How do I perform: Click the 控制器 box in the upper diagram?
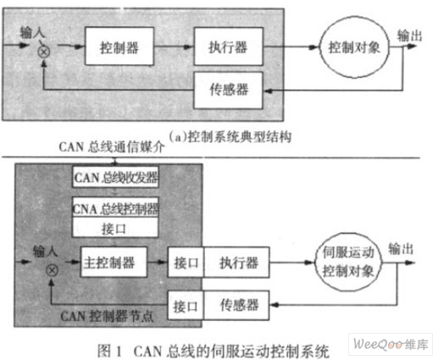(119, 47)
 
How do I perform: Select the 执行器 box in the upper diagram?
(229, 47)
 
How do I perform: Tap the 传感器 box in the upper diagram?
(229, 90)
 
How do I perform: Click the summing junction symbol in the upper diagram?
(44, 53)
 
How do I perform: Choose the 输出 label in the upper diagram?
(409, 36)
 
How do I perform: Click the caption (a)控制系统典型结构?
(230, 137)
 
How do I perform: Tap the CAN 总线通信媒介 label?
(112, 147)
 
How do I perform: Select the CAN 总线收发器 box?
(115, 177)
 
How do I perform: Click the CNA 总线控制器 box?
(115, 208)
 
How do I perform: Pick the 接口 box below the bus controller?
(115, 228)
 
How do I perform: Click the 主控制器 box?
(114, 263)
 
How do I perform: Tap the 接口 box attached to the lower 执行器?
(186, 263)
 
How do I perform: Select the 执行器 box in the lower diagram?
(236, 263)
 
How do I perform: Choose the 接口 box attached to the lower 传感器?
(186, 306)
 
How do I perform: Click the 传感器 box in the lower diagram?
(236, 306)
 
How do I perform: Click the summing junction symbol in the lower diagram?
(52, 270)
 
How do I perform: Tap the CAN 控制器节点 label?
(107, 316)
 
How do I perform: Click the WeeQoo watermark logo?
(391, 344)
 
